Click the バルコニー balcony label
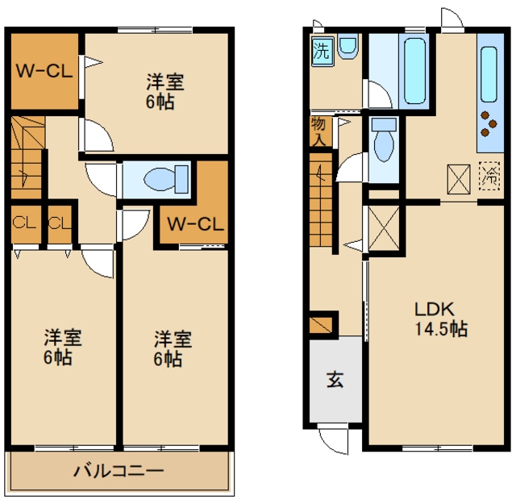119,470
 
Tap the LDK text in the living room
435,308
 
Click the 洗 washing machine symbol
321,52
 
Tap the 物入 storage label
318,131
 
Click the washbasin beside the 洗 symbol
348,48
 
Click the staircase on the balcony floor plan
26,156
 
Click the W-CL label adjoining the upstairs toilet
193,224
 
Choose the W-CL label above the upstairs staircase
44,69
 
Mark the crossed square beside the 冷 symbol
458,179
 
